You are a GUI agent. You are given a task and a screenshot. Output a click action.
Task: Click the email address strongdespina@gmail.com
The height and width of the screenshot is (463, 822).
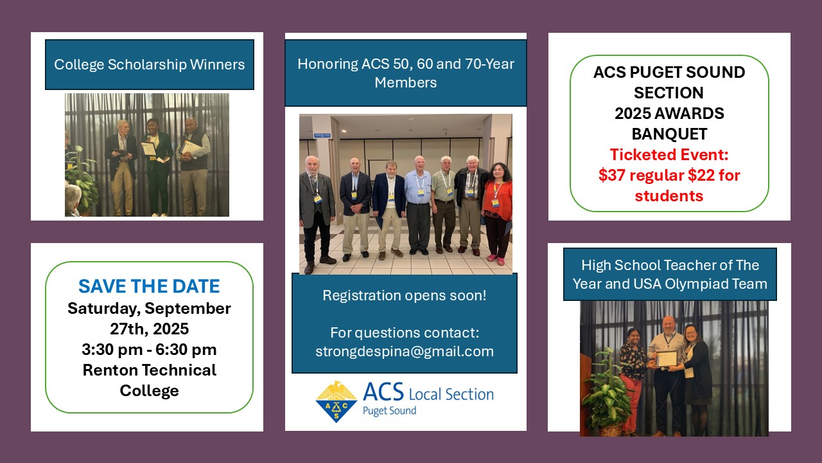click(x=405, y=352)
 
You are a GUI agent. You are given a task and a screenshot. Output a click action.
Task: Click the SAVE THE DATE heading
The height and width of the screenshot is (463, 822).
click(x=149, y=286)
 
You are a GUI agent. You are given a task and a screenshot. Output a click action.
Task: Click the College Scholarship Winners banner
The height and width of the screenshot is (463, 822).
click(x=149, y=64)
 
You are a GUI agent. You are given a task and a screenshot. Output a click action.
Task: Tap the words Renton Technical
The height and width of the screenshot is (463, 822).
click(x=149, y=370)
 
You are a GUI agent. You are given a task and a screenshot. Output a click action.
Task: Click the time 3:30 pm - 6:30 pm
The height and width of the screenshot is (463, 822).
click(x=149, y=350)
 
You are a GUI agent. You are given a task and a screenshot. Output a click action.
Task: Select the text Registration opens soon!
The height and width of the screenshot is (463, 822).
click(x=405, y=296)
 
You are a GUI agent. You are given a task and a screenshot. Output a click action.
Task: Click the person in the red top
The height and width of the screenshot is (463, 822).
click(x=498, y=209)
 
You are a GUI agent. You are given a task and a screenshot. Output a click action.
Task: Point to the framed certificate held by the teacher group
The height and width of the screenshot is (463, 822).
click(x=668, y=358)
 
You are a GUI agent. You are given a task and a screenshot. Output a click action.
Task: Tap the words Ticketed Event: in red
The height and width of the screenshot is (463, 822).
click(x=669, y=155)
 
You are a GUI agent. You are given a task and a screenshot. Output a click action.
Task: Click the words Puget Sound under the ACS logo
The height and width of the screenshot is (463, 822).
click(x=389, y=411)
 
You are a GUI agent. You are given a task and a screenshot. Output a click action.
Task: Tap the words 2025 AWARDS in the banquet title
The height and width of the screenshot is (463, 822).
click(x=669, y=114)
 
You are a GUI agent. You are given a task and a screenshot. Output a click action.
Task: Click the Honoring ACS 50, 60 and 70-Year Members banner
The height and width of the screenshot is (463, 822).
click(x=405, y=73)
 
